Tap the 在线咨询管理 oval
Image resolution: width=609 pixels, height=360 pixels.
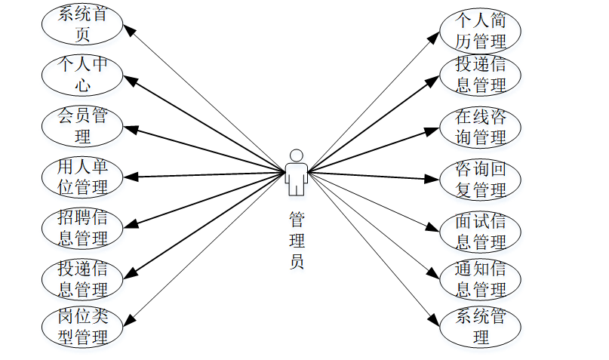pyautogui.click(x=481, y=126)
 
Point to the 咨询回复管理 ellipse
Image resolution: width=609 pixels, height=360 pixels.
pyautogui.click(x=481, y=179)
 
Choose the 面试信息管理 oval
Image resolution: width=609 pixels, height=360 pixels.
pyautogui.click(x=481, y=231)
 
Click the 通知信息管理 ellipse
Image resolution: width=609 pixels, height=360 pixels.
pyautogui.click(x=481, y=279)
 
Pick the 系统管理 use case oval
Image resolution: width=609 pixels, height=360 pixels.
pyautogui.click(x=481, y=326)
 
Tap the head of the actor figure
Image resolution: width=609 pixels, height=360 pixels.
pyautogui.click(x=297, y=154)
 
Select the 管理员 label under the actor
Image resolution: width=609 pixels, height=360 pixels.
pyautogui.click(x=297, y=241)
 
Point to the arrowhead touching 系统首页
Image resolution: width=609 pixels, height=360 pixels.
pyautogui.click(x=130, y=29)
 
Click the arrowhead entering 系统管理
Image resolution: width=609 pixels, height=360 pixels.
pyautogui.click(x=435, y=320)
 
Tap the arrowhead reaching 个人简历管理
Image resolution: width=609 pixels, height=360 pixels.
pyautogui.click(x=435, y=35)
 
